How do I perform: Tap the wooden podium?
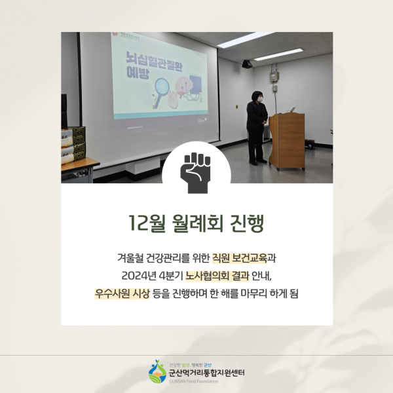click(287, 140)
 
